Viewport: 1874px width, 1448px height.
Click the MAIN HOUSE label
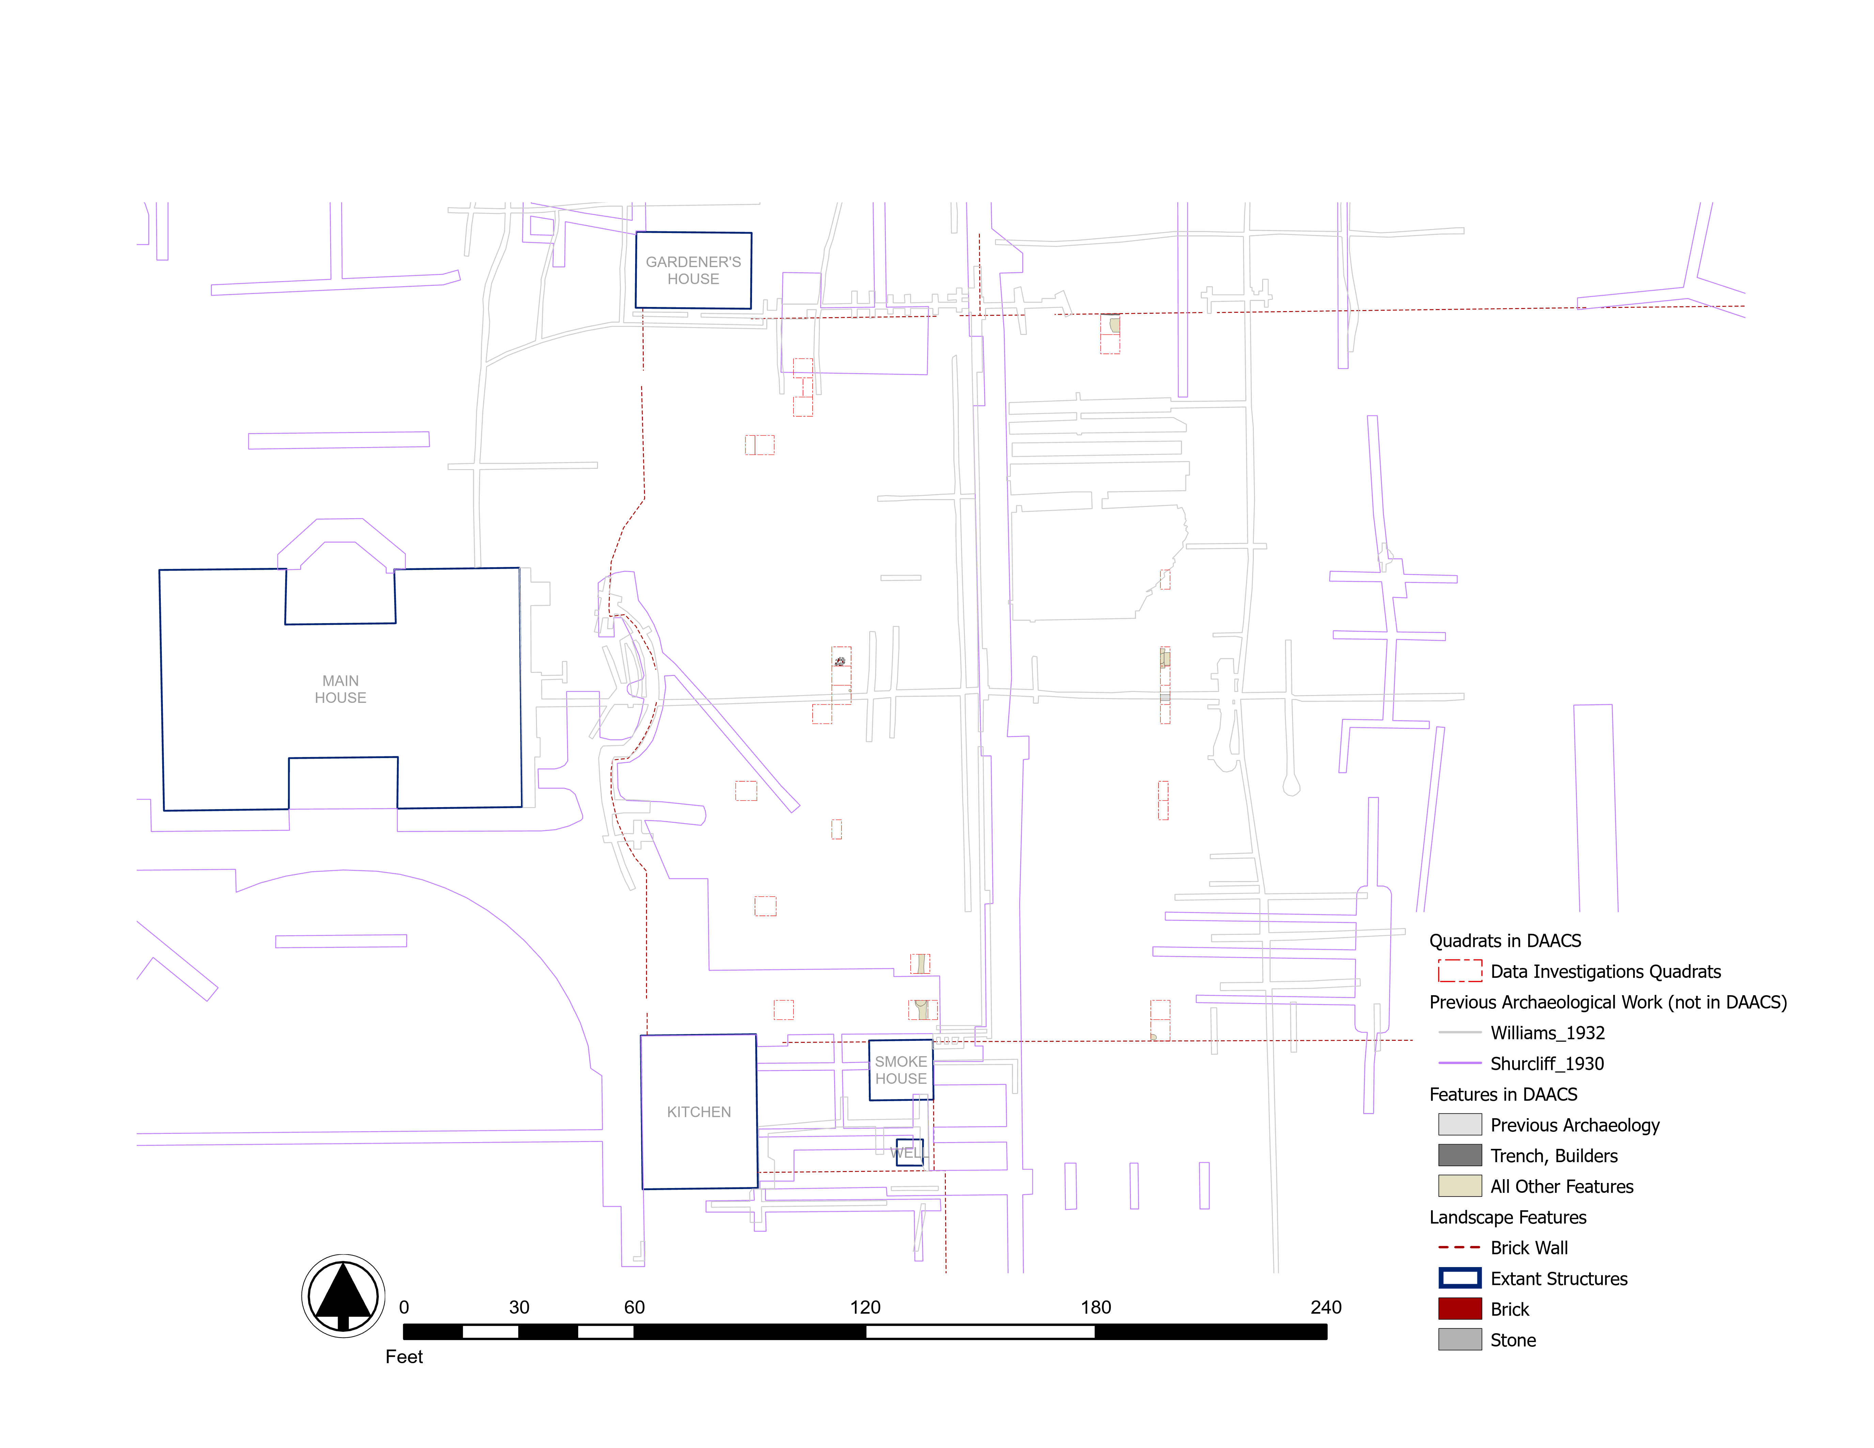coord(341,689)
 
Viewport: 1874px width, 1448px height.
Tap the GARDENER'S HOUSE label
coord(693,270)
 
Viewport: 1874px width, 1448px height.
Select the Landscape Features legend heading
coord(1508,1217)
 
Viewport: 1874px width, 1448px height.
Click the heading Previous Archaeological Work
coord(1607,1002)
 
